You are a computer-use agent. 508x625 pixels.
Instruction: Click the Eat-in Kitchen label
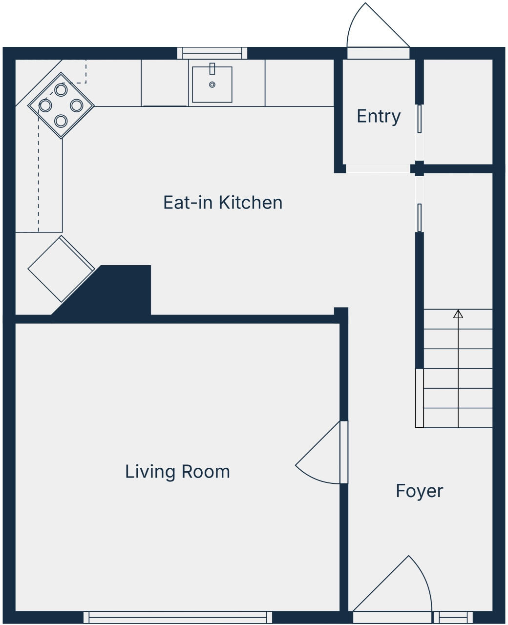click(x=223, y=202)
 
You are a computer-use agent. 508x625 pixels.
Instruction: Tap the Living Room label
click(x=177, y=472)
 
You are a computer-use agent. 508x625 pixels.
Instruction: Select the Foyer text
click(x=419, y=491)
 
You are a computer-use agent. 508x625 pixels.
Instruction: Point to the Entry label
click(x=379, y=116)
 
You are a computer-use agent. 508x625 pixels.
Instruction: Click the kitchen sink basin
click(x=212, y=85)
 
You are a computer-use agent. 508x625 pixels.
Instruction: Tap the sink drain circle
click(x=212, y=84)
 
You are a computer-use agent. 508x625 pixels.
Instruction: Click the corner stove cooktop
click(x=61, y=105)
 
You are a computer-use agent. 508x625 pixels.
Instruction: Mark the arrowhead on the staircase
click(x=458, y=314)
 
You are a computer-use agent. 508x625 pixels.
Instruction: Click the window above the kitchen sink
click(x=212, y=53)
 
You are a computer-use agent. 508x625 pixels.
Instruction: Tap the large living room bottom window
click(x=178, y=617)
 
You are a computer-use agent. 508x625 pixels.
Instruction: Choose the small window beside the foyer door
click(x=453, y=617)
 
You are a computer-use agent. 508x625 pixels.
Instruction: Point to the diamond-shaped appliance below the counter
click(x=61, y=269)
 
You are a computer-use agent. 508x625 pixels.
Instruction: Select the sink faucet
click(x=212, y=68)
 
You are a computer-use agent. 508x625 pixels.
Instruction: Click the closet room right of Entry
click(x=458, y=111)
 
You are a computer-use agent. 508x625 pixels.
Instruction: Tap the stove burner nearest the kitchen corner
click(x=61, y=90)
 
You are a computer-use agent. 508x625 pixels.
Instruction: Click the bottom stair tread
click(x=458, y=418)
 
